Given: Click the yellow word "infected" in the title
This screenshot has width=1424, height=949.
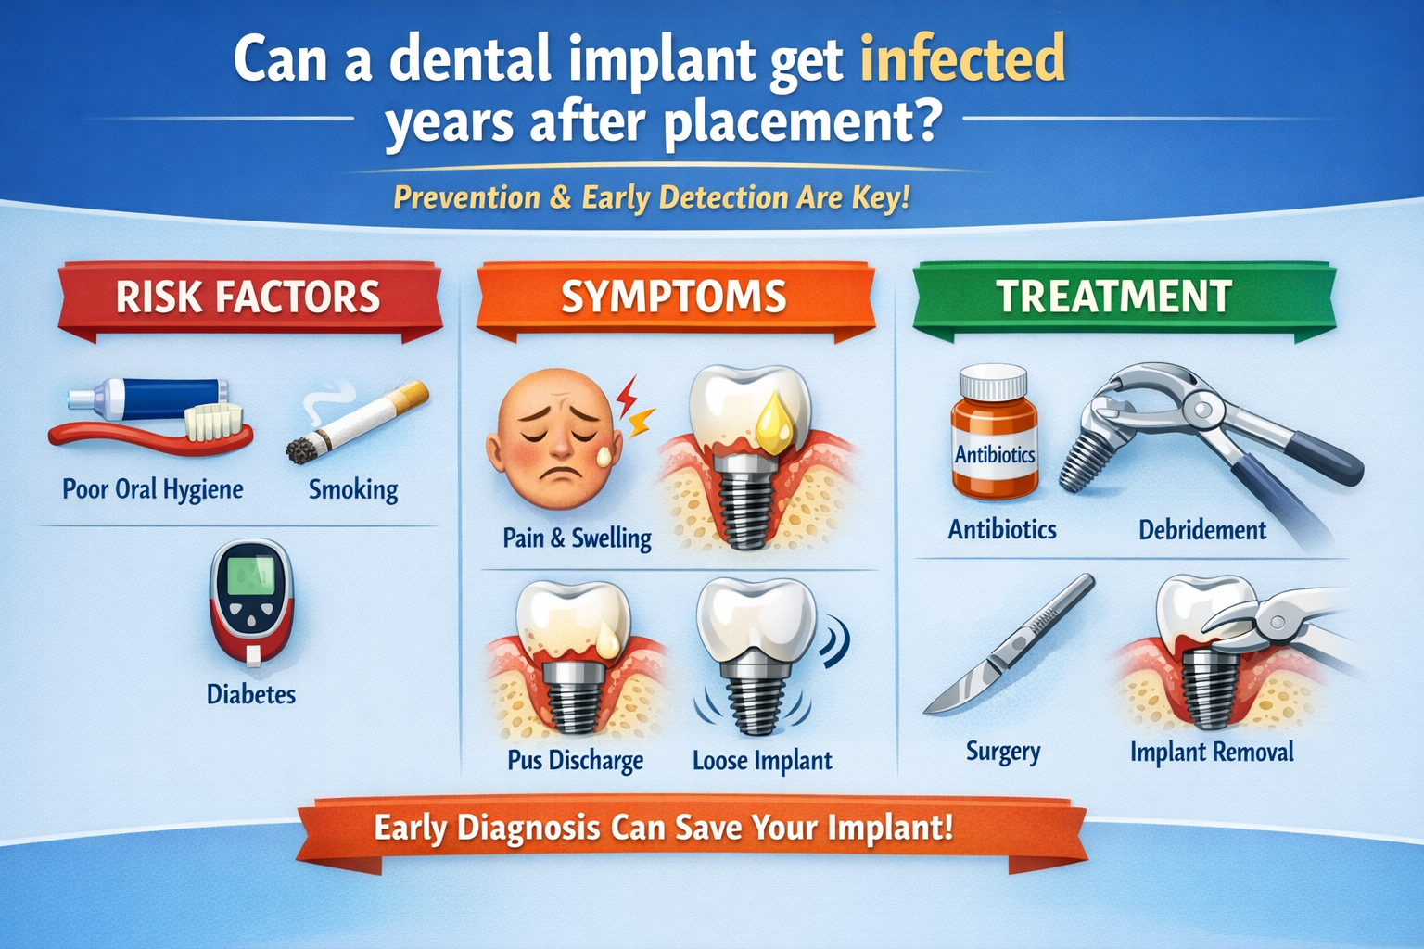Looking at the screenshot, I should coord(962,60).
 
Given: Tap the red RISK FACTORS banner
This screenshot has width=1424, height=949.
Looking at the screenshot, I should coord(248,297).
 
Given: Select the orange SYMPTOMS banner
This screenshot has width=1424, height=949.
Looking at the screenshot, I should coord(674,297).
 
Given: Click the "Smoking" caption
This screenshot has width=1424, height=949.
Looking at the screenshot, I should coord(353,488).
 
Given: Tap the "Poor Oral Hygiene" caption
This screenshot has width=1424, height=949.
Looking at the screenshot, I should coord(153,488).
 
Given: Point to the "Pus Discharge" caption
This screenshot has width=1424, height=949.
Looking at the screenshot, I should coord(575,761).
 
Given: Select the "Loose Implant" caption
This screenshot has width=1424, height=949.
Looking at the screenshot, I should coord(762,761).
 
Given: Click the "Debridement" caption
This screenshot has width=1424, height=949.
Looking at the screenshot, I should coord(1201,530).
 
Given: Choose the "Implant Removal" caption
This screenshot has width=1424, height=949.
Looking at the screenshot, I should coord(1212,752).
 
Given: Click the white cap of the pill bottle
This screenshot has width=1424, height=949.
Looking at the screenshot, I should coord(993,382).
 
